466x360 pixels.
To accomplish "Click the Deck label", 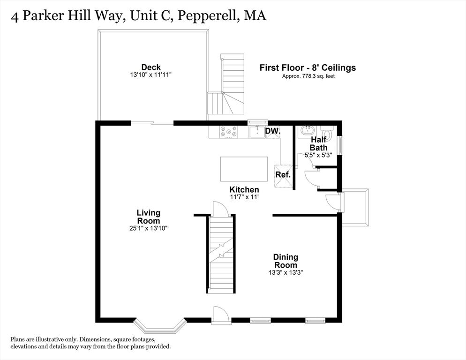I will (151, 67).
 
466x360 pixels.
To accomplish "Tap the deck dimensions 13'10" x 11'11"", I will (151, 75).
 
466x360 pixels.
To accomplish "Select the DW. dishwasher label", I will (272, 131).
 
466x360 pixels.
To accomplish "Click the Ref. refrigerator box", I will (283, 175).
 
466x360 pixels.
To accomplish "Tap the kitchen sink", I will (256, 132).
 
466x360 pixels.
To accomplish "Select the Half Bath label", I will (318, 144).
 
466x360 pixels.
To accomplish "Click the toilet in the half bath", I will (328, 135).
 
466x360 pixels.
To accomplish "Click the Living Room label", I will (148, 217).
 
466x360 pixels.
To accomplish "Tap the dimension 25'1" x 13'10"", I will (148, 228).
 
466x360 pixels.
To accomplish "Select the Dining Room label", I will (286, 261).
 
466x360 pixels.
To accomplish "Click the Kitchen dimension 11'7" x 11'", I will (244, 197).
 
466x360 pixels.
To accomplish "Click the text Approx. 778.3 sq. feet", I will (308, 76).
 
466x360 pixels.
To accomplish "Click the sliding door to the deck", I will (152, 123).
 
